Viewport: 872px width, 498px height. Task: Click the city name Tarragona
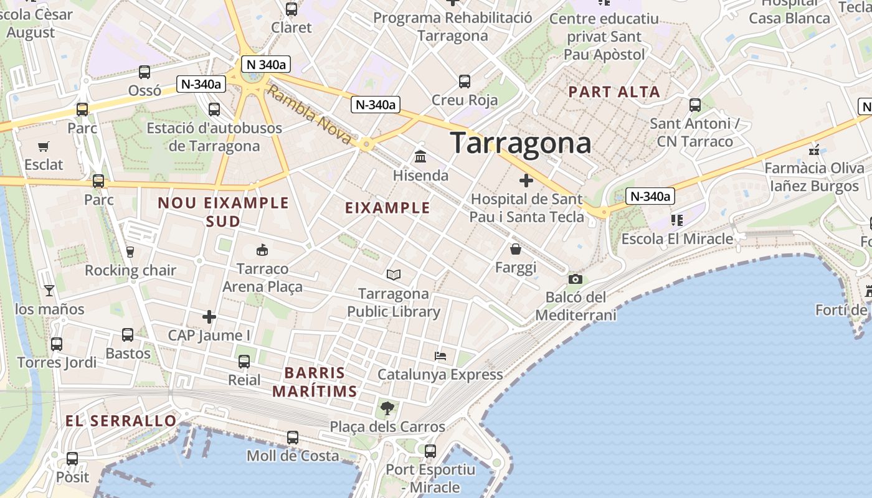(520, 143)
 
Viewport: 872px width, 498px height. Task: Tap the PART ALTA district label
(614, 92)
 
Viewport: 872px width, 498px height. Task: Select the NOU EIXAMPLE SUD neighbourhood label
(223, 212)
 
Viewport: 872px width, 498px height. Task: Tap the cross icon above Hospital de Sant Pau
(526, 181)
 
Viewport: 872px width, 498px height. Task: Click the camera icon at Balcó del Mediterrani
(576, 279)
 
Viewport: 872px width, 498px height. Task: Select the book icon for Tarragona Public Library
(394, 275)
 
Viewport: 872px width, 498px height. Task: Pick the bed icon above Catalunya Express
(440, 356)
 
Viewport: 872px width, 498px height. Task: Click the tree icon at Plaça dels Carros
(387, 408)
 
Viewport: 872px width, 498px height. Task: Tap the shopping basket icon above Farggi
(516, 249)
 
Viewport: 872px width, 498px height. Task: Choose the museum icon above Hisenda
(420, 156)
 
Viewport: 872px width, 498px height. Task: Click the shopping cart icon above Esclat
(44, 147)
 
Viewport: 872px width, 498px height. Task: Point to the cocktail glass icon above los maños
(49, 290)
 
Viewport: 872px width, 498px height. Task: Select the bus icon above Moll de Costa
(293, 438)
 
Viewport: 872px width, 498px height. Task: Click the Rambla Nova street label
(310, 116)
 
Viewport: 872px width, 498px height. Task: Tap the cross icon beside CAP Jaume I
(209, 317)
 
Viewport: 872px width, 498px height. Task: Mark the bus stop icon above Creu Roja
(465, 81)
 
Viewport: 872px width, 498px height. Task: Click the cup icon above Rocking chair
(130, 251)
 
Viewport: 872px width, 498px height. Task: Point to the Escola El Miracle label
(677, 239)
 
